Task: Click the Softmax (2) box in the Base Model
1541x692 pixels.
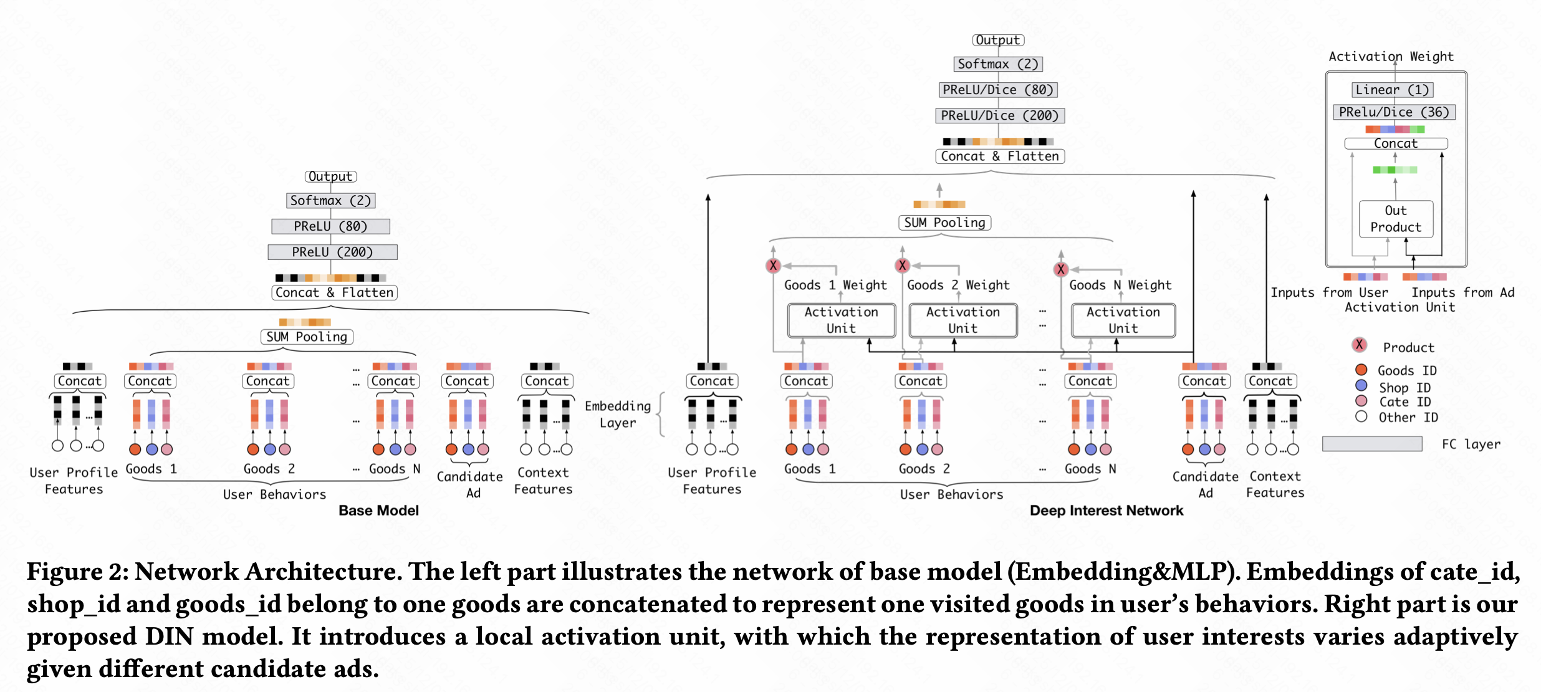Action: (x=330, y=201)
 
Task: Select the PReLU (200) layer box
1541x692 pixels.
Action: (x=332, y=252)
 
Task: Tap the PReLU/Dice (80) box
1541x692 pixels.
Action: (x=997, y=90)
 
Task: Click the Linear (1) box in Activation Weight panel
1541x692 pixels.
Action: (x=1392, y=90)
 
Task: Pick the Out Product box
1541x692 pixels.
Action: (x=1396, y=219)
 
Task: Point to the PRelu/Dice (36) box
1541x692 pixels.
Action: (x=1394, y=112)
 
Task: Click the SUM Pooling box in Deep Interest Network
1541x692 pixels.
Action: (x=944, y=223)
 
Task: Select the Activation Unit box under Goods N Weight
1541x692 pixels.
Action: (x=1123, y=320)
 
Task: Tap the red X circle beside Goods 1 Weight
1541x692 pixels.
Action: (x=773, y=266)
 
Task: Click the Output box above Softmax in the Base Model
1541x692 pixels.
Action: (x=330, y=176)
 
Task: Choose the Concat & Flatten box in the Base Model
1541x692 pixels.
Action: (x=334, y=292)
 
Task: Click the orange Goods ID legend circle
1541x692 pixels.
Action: (x=1361, y=370)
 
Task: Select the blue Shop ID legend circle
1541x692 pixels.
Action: (x=1361, y=386)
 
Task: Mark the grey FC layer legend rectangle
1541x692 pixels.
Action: (x=1372, y=444)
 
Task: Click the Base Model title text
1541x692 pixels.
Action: (x=378, y=511)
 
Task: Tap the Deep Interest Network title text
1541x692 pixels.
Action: (x=1106, y=511)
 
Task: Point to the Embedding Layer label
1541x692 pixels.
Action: (x=617, y=414)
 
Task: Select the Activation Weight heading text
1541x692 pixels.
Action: (x=1391, y=57)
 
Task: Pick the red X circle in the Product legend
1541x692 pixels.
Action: (x=1360, y=345)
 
